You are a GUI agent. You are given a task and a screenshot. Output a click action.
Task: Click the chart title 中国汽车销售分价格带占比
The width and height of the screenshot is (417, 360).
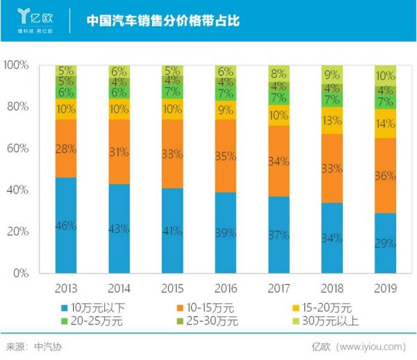point(163,20)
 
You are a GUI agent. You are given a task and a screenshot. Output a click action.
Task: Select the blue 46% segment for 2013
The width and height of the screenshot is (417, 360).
point(66,225)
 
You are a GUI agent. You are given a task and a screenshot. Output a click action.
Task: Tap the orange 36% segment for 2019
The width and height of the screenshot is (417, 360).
point(385,176)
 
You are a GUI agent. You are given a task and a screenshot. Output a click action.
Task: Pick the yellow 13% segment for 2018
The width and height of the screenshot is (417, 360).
point(332,120)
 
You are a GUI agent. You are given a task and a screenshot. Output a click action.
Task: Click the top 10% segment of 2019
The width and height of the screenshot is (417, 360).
point(385,75)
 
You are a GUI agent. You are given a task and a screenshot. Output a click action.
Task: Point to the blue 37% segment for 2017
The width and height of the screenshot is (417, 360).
point(279,235)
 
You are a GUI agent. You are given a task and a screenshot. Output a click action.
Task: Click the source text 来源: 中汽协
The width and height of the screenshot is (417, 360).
point(33,345)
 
